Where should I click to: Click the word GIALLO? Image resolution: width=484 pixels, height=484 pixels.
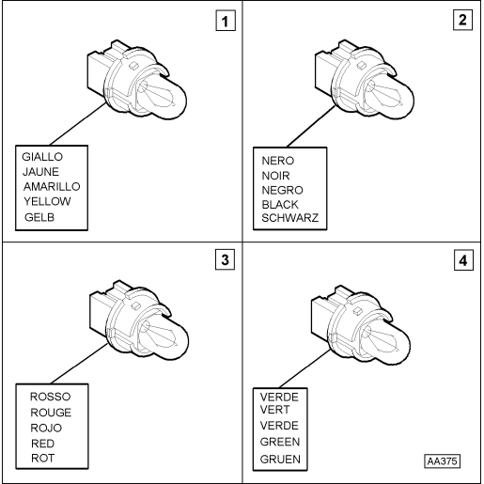click(x=42, y=157)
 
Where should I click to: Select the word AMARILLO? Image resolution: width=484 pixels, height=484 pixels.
click(x=52, y=187)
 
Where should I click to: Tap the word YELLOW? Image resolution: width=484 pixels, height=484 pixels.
click(x=47, y=201)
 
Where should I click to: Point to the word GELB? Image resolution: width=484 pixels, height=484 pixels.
click(x=39, y=217)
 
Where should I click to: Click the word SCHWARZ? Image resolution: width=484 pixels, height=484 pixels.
click(x=290, y=218)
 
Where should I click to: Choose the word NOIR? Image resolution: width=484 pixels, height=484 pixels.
click(x=275, y=176)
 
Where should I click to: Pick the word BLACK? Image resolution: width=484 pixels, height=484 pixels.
click(x=280, y=205)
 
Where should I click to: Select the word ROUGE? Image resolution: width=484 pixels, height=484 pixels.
click(x=51, y=413)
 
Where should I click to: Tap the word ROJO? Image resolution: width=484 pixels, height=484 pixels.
click(x=46, y=428)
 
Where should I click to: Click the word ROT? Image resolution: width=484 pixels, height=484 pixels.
click(x=42, y=459)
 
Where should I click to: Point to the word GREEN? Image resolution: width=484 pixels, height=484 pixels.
click(x=280, y=442)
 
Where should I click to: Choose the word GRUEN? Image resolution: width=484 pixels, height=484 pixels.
click(x=280, y=460)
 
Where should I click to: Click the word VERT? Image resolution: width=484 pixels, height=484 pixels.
click(x=274, y=410)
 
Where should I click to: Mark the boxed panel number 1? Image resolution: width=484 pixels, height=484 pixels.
click(x=226, y=21)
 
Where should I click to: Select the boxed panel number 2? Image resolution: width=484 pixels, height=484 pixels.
click(x=462, y=20)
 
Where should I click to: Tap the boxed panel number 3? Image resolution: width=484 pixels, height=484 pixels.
click(x=225, y=259)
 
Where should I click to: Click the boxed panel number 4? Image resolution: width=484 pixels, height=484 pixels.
click(x=463, y=260)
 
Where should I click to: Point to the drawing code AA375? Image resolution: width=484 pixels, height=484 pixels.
click(x=443, y=461)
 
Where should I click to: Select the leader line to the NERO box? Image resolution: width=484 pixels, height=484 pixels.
click(x=311, y=127)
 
